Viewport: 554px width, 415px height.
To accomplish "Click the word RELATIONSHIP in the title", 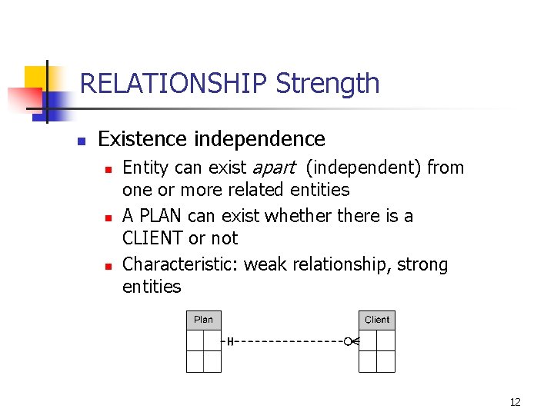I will [174, 83].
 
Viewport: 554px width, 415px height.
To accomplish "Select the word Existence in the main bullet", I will [142, 139].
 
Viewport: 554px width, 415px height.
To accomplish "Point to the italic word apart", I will [273, 168].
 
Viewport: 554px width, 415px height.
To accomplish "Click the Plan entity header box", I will [203, 320].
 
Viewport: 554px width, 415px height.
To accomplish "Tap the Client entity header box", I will [377, 320].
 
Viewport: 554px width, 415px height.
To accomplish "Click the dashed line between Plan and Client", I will [289, 340].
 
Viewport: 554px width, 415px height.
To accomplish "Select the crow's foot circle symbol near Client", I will [348, 340].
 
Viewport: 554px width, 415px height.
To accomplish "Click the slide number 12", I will [515, 401].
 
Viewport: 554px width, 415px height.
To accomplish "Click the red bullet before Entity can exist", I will [108, 168].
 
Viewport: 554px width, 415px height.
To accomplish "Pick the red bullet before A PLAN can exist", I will [108, 217].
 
